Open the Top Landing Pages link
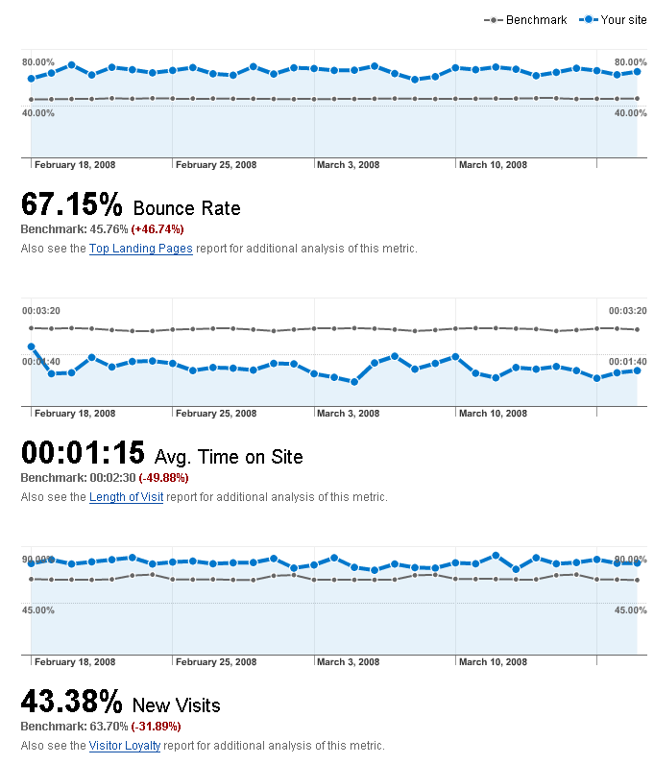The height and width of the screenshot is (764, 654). point(141,249)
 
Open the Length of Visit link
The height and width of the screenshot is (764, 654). point(126,497)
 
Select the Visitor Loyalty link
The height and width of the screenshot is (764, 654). point(125,746)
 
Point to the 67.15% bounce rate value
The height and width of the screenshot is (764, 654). point(72,204)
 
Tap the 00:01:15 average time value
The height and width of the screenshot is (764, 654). point(83,453)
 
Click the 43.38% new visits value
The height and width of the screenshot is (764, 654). point(72,702)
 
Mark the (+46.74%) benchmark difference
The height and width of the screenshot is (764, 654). point(157,229)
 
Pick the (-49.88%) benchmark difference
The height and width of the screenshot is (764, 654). point(163,478)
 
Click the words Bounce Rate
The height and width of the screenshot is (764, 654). point(186,208)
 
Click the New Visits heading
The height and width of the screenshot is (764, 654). point(176,705)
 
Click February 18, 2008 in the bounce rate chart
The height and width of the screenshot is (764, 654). point(75,165)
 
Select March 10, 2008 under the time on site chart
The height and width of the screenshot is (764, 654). point(493,414)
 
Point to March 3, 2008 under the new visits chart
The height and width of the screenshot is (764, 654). point(348,662)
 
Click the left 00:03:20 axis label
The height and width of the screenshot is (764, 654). point(40,311)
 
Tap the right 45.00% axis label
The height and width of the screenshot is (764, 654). point(629,610)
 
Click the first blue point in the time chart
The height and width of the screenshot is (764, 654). point(31,346)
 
